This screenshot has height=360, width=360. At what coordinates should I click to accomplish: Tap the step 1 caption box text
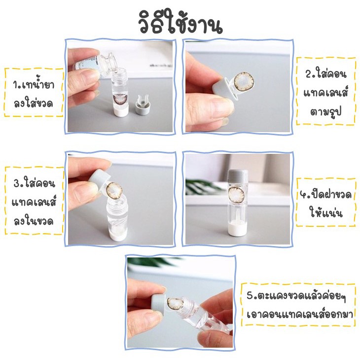pos(34,94)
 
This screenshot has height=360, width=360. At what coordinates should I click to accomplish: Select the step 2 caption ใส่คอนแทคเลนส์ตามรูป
pos(325,92)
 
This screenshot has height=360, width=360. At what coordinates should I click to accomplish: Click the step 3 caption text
pos(34,202)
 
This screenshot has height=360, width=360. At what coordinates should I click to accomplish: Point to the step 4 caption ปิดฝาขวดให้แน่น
pos(326,203)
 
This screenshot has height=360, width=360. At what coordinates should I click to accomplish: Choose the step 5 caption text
pos(299,305)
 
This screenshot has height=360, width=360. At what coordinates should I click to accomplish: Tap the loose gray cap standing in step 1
pos(143,105)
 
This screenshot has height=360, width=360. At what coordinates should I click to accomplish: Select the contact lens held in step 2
pos(244,82)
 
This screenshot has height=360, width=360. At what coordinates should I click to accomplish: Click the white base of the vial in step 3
pos(117,236)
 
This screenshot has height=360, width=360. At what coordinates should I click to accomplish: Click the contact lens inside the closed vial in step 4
pos(238,195)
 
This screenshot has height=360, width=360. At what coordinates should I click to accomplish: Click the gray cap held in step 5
pos(159,303)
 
